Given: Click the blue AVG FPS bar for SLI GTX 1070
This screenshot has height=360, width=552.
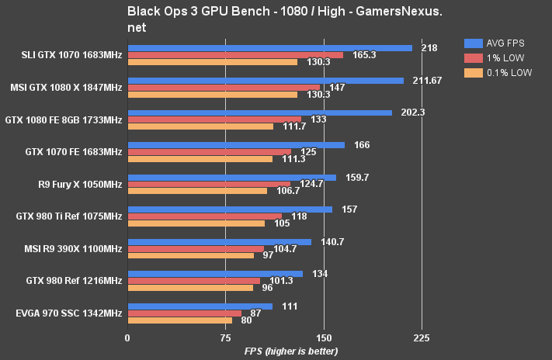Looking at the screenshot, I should (x=269, y=48).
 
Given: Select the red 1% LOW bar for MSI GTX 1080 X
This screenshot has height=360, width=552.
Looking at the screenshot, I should (x=224, y=88).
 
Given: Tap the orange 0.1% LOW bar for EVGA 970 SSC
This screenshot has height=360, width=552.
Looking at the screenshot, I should (x=180, y=320).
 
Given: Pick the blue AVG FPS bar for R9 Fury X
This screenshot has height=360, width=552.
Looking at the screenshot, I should (x=231, y=178).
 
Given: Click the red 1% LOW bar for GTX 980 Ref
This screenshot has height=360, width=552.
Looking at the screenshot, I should (x=194, y=280).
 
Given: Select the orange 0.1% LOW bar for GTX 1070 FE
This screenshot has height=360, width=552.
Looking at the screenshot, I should (x=200, y=159).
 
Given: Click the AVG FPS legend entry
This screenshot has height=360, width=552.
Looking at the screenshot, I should (x=498, y=43).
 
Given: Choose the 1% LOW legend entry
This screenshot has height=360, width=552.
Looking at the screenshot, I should (x=496, y=58).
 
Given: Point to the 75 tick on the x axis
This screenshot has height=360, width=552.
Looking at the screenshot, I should (x=226, y=338).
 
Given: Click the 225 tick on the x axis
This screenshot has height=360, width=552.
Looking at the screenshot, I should (x=422, y=338).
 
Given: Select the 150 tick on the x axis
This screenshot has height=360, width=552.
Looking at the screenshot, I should (x=324, y=338).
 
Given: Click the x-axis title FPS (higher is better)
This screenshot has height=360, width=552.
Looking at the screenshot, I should (x=291, y=351).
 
